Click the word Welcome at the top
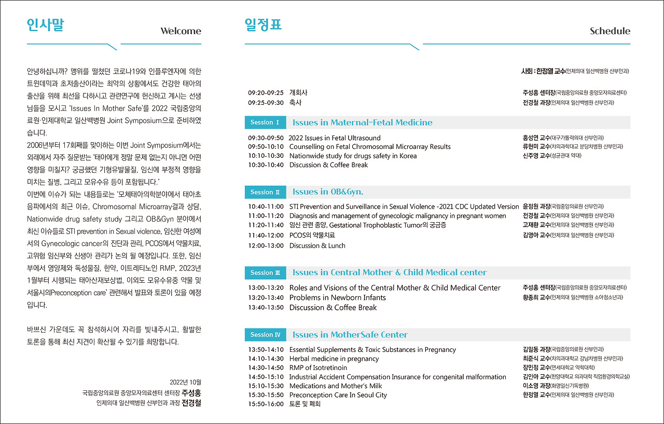pyautogui.click(x=181, y=31)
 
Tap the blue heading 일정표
pyautogui.click(x=263, y=25)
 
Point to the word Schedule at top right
pyautogui.click(x=610, y=31)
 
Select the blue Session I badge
pyautogui.click(x=265, y=122)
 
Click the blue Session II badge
pyautogui.click(x=265, y=192)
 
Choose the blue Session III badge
pyautogui.click(x=265, y=272)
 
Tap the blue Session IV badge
pyautogui.click(x=265, y=335)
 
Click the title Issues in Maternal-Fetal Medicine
pyautogui.click(x=362, y=122)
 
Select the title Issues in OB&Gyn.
pyautogui.click(x=327, y=192)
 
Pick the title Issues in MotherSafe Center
pyautogui.click(x=350, y=335)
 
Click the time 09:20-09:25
pyautogui.click(x=266, y=93)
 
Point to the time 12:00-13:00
pyautogui.click(x=266, y=245)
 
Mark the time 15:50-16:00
pyautogui.click(x=266, y=404)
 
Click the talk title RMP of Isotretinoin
pyautogui.click(x=318, y=367)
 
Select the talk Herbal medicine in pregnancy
pyautogui.click(x=334, y=359)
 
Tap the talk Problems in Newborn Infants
pyautogui.click(x=337, y=297)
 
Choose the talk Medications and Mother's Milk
pyautogui.click(x=335, y=386)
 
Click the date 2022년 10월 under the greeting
pyautogui.click(x=185, y=382)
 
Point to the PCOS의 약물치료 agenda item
pyautogui.click(x=312, y=235)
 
